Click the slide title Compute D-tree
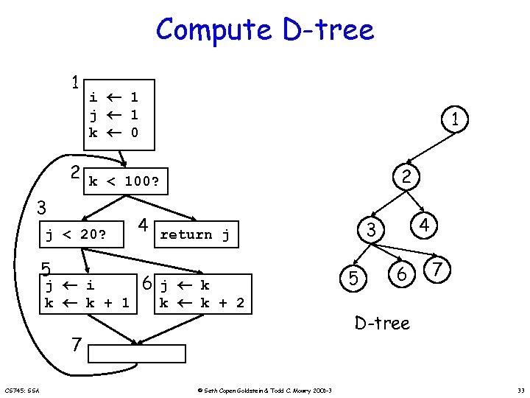click(265, 30)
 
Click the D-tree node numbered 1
click(456, 119)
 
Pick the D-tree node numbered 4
click(425, 224)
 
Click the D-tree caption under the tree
click(382, 322)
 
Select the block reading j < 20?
click(77, 236)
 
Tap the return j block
click(194, 235)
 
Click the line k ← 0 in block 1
click(113, 133)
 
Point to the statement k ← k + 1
click(87, 302)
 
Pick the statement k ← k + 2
click(202, 302)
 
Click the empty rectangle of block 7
click(137, 353)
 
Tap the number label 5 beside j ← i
click(46, 268)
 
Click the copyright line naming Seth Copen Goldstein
click(266, 390)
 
